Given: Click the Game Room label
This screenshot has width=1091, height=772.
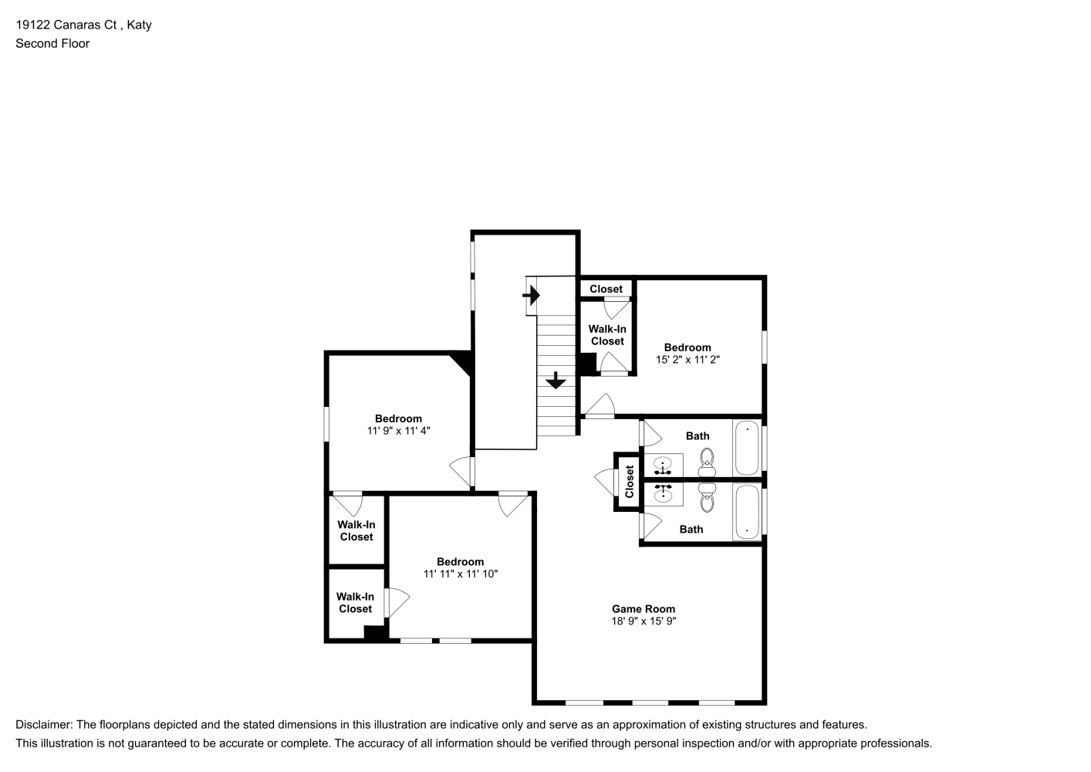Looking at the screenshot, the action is tap(643, 609).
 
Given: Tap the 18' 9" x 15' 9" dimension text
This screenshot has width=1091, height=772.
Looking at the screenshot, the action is tap(643, 621).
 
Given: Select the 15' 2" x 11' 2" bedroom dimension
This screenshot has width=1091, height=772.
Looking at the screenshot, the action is tap(687, 360).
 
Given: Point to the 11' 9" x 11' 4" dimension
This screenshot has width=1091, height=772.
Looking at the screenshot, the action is tap(398, 431).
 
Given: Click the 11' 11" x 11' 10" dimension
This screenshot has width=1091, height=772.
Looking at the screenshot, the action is tap(461, 574).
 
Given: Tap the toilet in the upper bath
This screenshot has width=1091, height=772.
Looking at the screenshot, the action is tap(707, 462).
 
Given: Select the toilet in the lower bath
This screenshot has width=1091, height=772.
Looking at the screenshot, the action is tap(707, 498).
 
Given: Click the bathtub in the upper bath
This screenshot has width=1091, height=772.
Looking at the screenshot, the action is tap(747, 448).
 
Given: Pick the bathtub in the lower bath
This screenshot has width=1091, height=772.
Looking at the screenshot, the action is tap(747, 513).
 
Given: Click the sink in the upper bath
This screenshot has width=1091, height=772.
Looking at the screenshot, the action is tap(663, 466).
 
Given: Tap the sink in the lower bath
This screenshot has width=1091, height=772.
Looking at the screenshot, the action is tap(663, 493).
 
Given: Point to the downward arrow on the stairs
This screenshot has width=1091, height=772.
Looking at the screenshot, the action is tap(556, 381).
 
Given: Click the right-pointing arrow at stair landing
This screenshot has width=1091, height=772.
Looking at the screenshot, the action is tap(532, 296).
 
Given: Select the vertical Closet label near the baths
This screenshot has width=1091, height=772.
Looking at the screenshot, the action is tap(630, 482).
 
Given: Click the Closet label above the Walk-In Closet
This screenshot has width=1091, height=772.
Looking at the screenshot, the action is tap(606, 289).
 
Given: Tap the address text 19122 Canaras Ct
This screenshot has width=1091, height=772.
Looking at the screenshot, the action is tap(66, 25).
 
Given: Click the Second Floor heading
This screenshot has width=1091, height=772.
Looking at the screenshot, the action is tap(52, 43).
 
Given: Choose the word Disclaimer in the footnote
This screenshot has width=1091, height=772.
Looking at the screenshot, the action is tap(44, 725).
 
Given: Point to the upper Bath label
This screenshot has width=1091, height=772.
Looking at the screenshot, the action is tap(697, 436).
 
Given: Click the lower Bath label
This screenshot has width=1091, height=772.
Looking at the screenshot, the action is tap(691, 530).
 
